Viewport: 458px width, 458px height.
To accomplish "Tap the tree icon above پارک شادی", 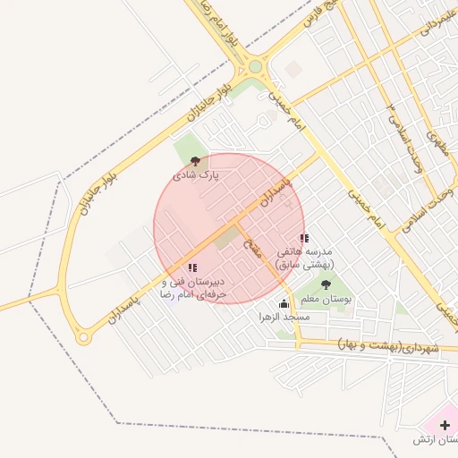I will pos(196,162).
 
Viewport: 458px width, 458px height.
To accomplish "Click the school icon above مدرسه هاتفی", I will pos(304,239).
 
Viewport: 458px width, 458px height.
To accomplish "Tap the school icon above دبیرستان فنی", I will pos(192,267).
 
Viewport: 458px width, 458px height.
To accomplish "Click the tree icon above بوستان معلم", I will pos(325,284).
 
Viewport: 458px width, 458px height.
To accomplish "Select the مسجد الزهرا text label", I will pos(284,318).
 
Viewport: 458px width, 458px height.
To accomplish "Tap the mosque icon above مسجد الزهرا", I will pos(284,303).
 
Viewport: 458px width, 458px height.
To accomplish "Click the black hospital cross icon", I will pos(445,425).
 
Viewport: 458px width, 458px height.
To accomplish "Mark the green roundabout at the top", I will pos(256,66).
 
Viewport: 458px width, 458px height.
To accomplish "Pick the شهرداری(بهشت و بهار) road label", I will pos(391,345).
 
